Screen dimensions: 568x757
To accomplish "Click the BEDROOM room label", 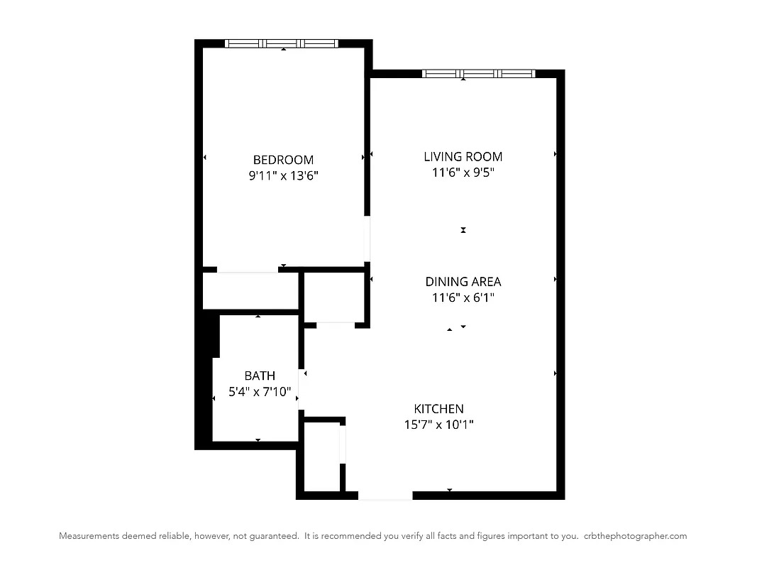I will point(283,160).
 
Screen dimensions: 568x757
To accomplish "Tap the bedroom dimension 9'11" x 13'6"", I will point(283,176).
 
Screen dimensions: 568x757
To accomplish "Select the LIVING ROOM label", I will point(463,156).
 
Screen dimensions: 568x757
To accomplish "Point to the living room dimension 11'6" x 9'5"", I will point(463,173).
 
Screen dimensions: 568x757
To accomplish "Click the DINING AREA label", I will point(463,282).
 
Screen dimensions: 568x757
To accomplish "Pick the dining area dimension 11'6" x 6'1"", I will point(463,298).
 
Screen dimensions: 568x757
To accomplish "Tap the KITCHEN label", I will point(438,408).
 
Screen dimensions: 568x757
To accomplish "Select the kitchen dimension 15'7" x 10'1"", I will point(438,425).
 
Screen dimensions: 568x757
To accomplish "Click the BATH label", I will point(260,375).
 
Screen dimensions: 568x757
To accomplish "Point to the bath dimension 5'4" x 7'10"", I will point(260,391).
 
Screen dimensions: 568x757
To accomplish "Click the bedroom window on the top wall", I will point(282,43).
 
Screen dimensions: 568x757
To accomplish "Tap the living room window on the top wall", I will point(478,73).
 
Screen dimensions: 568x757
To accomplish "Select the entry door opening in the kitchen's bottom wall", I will point(385,495).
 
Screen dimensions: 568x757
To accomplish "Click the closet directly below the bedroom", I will point(250,291).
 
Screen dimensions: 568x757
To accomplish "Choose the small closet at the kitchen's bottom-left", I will point(321,457).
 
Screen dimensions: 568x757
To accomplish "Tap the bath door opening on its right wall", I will point(300,390).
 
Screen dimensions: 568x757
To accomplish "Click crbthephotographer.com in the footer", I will point(635,536).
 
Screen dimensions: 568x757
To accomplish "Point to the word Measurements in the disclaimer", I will point(89,536).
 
